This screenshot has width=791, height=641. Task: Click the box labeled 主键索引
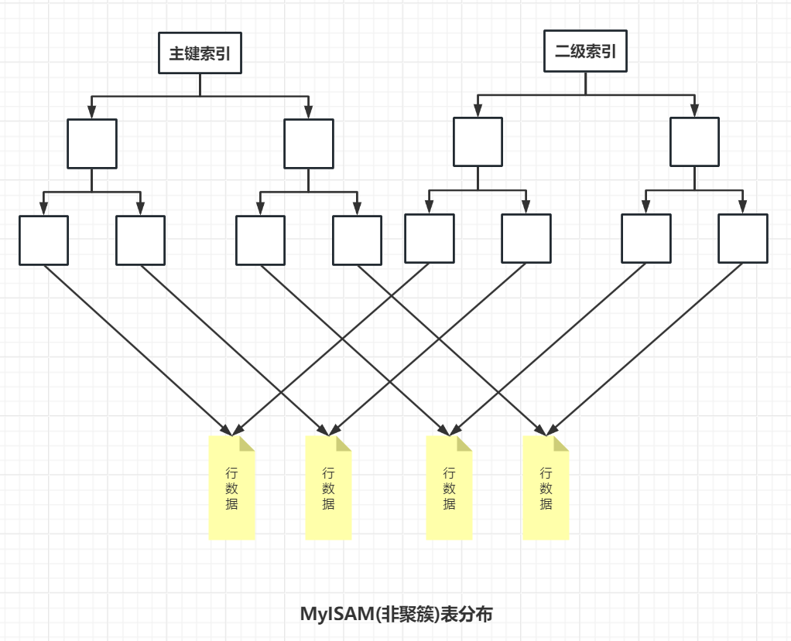pos(200,53)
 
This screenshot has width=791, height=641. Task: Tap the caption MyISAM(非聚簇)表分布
pos(396,615)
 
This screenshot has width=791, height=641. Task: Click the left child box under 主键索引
pos(92,143)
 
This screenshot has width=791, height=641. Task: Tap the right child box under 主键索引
pos(309,143)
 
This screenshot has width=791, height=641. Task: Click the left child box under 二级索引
pos(478,141)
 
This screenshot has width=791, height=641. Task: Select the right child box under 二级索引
pos(694,141)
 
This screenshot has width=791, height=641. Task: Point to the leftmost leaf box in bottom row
pos(43,240)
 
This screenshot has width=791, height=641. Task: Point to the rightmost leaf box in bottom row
pos(743,239)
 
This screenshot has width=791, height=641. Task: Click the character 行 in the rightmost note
pos(546,472)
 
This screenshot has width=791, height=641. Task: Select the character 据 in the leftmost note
pos(231,504)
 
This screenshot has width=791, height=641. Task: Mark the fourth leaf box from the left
pos(357,240)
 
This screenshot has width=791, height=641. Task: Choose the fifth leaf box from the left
pos(430,239)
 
